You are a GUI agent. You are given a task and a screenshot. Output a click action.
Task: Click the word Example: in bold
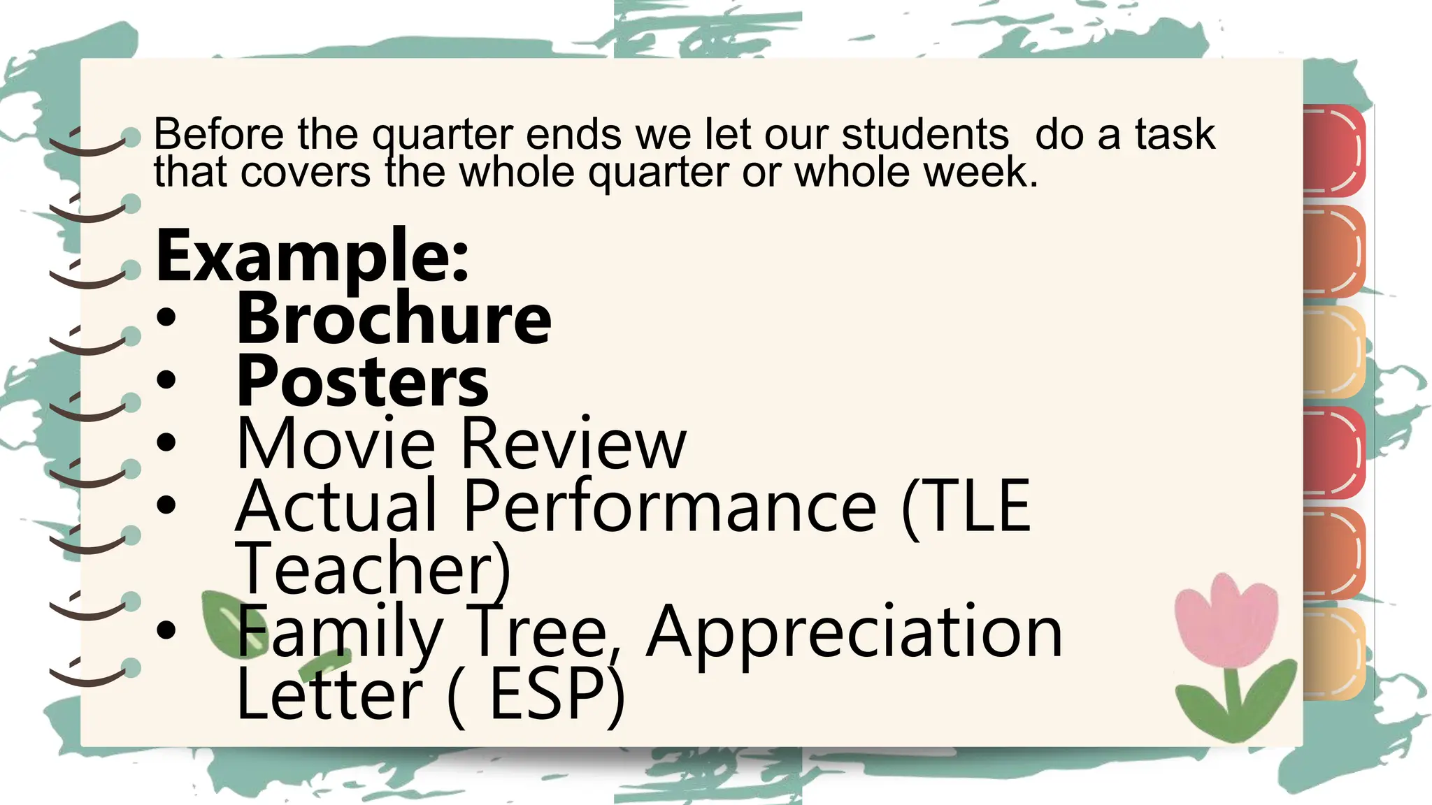pos(312,257)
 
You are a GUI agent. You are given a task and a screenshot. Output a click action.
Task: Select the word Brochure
pos(394,319)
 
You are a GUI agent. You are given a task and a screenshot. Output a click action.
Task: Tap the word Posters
pos(363,382)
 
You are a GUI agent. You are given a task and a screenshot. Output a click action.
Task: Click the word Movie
pos(336,444)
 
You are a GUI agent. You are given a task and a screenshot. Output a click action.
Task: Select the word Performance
pos(669,506)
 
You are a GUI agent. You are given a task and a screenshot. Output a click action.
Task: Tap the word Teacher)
pos(373,568)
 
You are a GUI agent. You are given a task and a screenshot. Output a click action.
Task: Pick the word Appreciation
pos(854,632)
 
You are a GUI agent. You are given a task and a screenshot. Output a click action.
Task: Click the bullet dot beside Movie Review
pos(166,443)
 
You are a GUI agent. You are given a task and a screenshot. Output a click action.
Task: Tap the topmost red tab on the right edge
pos(1333,150)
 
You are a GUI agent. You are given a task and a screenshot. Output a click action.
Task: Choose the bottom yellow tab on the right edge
pos(1333,653)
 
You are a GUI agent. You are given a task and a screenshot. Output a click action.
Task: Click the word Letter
pos(329,694)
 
